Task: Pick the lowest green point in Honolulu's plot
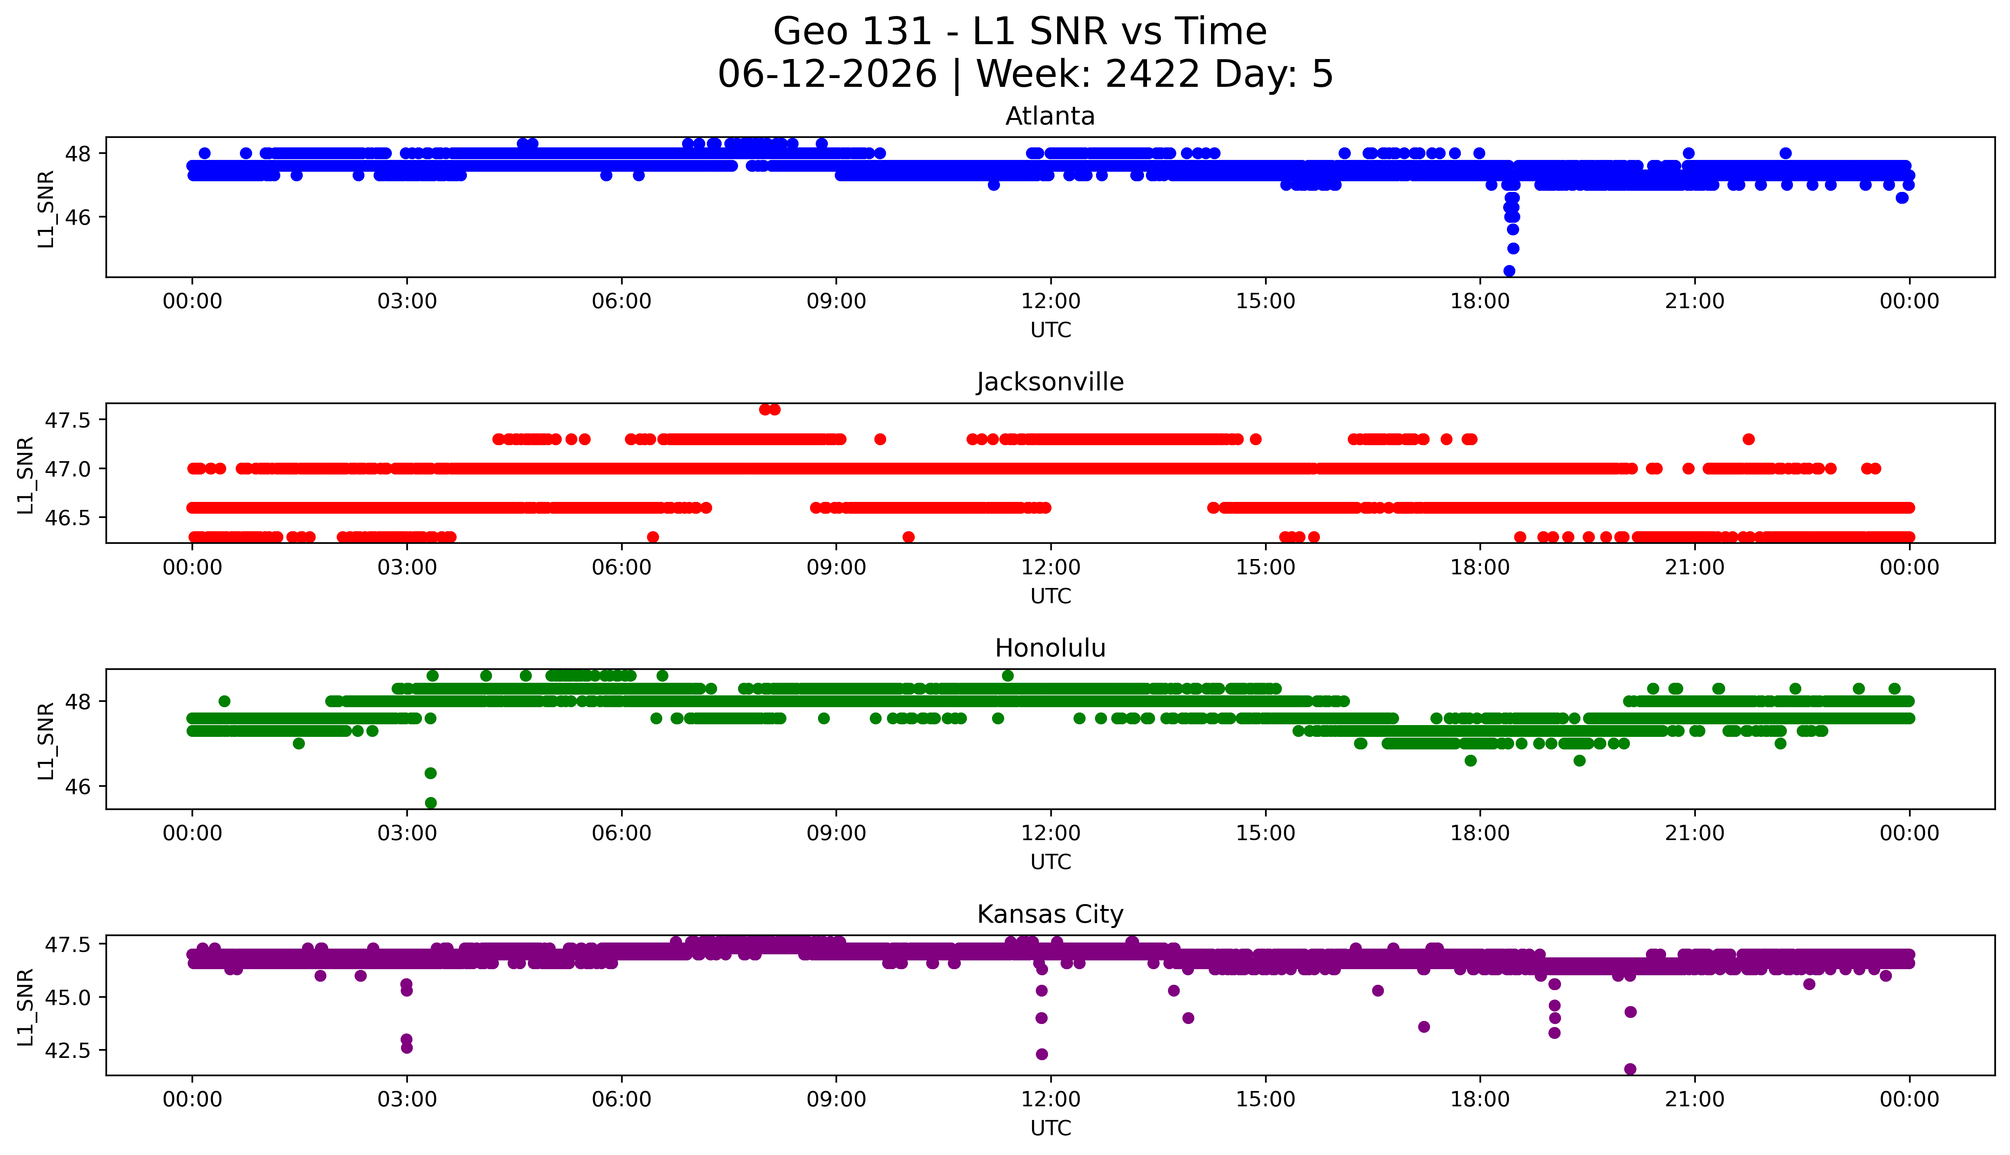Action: (x=431, y=803)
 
